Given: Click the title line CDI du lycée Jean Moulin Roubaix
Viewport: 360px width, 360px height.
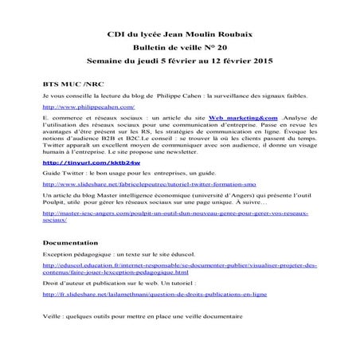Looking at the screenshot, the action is pyautogui.click(x=178, y=34).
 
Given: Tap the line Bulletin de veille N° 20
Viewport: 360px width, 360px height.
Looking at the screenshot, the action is pyautogui.click(x=178, y=48).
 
